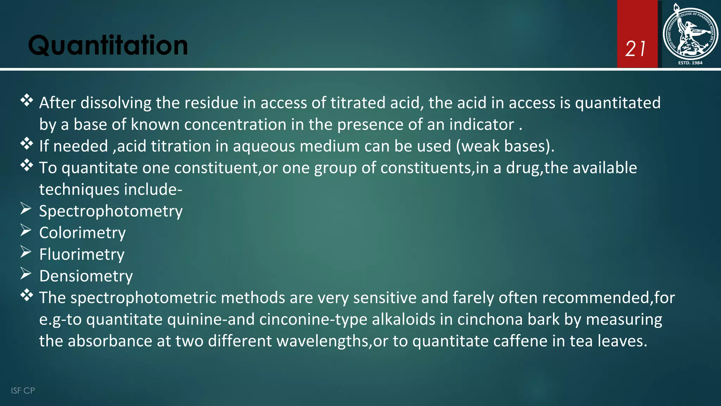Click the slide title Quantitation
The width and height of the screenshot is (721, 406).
point(108,45)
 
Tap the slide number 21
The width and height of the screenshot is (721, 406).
point(636,49)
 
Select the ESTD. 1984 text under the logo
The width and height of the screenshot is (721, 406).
point(690,63)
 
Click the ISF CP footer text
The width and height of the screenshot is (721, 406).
point(23,390)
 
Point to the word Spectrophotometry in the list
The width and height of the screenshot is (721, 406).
point(111,211)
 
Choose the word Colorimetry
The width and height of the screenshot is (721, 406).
point(82,233)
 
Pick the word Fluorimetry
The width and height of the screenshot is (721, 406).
point(82,254)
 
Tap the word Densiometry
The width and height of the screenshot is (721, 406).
point(86,276)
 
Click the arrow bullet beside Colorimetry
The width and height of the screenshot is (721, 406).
point(26,230)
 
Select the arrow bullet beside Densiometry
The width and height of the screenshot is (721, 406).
point(26,273)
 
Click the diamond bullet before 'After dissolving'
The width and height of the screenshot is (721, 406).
point(27,100)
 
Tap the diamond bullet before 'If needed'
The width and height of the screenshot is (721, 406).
point(27,144)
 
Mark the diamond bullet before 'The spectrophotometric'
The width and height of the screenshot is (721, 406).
point(27,295)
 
